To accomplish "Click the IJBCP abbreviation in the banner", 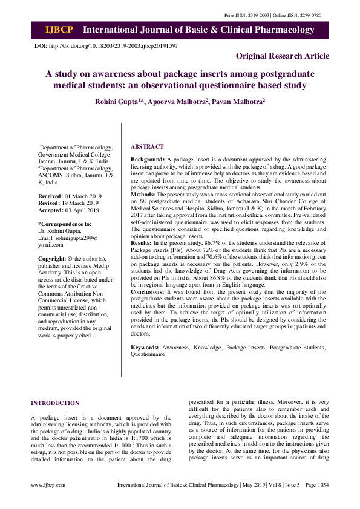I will pos(59,30).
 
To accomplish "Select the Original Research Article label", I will pos(283,56).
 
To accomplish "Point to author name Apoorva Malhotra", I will pos(178,103).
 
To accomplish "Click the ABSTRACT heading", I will pos(147,147).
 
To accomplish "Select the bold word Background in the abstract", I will pos(148,158).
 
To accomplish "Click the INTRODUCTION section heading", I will pos(55,403).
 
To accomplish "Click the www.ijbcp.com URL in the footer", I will pos(48,485).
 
